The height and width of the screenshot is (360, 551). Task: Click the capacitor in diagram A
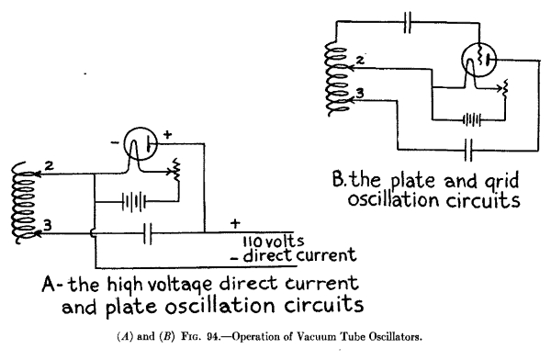pyautogui.click(x=148, y=234)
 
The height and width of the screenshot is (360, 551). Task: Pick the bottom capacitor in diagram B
pyautogui.click(x=468, y=147)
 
